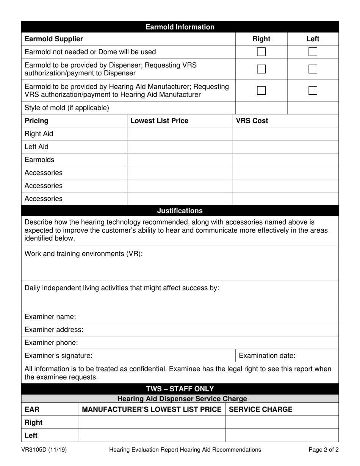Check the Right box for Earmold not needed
click(x=261, y=52)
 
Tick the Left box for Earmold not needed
click(x=313, y=52)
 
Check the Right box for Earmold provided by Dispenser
click(x=261, y=69)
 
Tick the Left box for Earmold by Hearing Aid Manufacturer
click(x=313, y=91)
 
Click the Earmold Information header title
click(x=180, y=27)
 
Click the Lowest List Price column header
click(x=159, y=121)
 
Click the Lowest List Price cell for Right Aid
click(x=180, y=134)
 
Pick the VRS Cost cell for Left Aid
click(x=285, y=147)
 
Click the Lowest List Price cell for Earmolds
click(x=180, y=160)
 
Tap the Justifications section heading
click(x=180, y=211)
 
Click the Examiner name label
click(x=50, y=316)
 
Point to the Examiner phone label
click(x=51, y=342)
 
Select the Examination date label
click(x=267, y=356)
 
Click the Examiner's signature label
click(x=58, y=356)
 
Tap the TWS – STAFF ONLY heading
click(x=180, y=389)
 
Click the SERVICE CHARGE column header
click(x=261, y=410)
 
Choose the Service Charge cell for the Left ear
click(x=282, y=435)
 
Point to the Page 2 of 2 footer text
click(x=324, y=450)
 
